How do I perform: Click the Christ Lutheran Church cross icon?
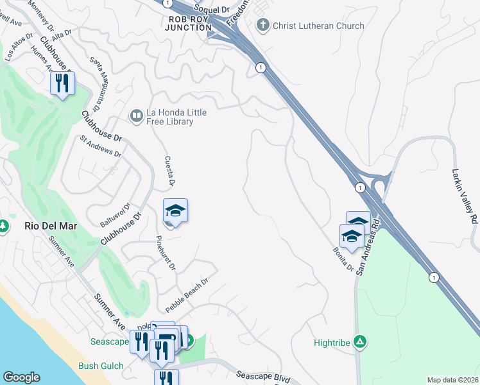pyautogui.click(x=262, y=26)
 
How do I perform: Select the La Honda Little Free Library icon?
pyautogui.click(x=136, y=116)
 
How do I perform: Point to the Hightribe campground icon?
pyautogui.click(x=361, y=342)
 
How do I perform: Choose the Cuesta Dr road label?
pyautogui.click(x=169, y=171)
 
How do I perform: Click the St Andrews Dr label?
pyautogui.click(x=100, y=146)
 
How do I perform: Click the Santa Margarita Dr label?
pyautogui.click(x=98, y=82)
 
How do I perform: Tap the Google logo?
pyautogui.click(x=21, y=377)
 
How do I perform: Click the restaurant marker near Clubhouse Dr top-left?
pyautogui.click(x=62, y=83)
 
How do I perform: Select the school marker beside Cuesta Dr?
pyautogui.click(x=175, y=210)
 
